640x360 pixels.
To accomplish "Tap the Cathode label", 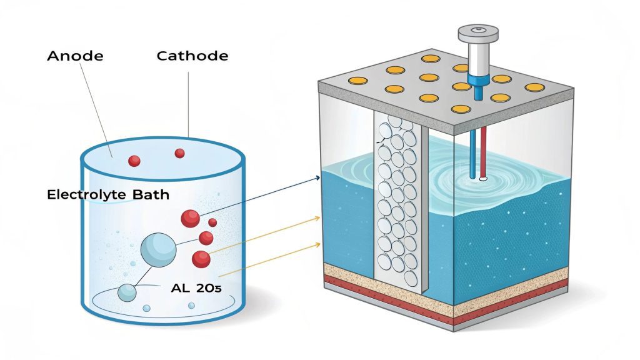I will (x=192, y=56).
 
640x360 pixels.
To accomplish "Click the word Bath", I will (x=151, y=195).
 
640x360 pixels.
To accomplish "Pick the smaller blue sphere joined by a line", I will (x=127, y=292).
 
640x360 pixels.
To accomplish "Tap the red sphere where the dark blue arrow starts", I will (x=190, y=218).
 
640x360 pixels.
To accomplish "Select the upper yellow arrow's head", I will (x=318, y=217).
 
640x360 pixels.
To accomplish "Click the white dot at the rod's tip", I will (x=482, y=179).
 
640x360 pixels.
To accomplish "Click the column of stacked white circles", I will (x=397, y=200).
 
